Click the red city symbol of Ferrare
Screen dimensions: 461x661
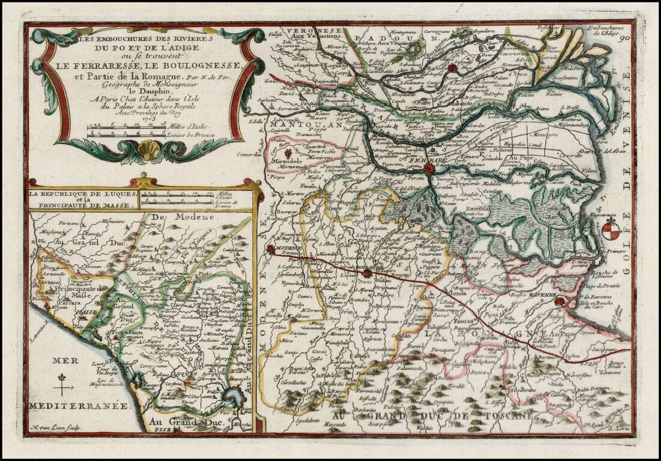429,169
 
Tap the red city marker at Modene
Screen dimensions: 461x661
271,249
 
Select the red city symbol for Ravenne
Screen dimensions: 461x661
560,301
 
